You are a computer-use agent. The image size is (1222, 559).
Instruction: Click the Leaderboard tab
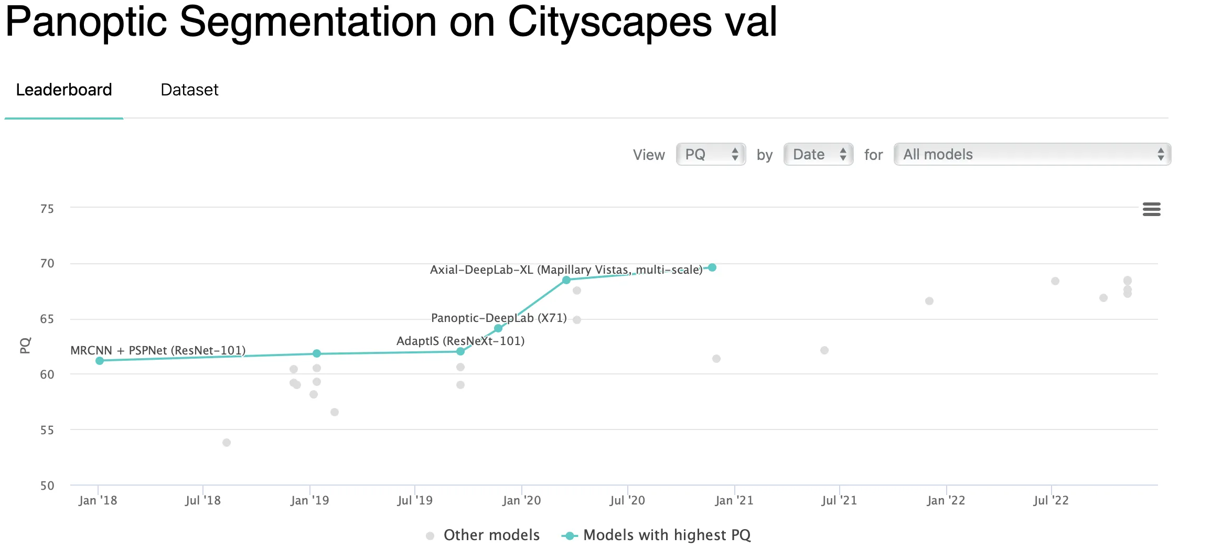coord(64,90)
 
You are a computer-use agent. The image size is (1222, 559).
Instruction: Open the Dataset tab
coord(189,90)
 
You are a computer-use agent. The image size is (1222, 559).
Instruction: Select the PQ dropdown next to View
coord(711,155)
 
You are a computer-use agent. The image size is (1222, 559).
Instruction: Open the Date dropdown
coord(818,155)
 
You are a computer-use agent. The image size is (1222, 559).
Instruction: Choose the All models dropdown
coord(1032,155)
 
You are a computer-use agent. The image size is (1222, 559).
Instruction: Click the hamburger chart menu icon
coord(1151,209)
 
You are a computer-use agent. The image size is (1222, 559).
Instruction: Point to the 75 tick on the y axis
coord(47,209)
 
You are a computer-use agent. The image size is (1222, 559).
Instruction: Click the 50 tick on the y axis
coord(47,486)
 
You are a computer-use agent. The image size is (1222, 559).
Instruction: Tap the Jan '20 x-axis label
coord(521,500)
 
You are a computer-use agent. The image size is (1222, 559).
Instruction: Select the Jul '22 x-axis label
coord(1051,500)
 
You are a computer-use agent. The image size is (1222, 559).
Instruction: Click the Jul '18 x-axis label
coord(203,500)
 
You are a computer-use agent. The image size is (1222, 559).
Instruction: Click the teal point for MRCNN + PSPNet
coord(100,361)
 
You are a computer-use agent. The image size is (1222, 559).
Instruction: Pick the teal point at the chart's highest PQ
coord(712,267)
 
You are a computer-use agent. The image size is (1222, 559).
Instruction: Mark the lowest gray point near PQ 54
coord(227,443)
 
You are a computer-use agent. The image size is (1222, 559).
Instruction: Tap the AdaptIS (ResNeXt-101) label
coord(460,341)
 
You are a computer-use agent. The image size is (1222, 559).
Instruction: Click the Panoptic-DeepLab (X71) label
coord(499,318)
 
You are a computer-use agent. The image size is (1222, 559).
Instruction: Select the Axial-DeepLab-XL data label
coord(566,270)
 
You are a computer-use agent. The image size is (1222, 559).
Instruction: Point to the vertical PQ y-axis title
coord(25,345)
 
